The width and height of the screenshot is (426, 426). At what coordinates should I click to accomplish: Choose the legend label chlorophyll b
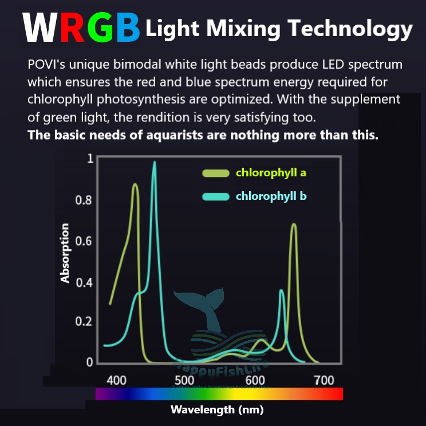(271, 196)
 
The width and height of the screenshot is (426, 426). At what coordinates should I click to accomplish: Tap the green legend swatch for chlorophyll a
(216, 173)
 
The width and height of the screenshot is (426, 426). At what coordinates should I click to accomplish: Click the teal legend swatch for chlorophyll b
(216, 197)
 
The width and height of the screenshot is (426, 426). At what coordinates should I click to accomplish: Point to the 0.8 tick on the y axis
(84, 201)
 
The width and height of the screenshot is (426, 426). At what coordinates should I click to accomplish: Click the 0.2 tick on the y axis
(84, 321)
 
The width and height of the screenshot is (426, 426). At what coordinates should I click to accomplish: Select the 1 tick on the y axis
(89, 158)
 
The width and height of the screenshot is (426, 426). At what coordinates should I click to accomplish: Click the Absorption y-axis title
(65, 253)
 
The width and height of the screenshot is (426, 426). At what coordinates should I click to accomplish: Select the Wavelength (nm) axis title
(217, 409)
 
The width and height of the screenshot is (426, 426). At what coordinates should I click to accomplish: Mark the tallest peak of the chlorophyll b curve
(154, 163)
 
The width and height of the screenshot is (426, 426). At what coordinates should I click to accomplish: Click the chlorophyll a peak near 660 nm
(294, 224)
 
